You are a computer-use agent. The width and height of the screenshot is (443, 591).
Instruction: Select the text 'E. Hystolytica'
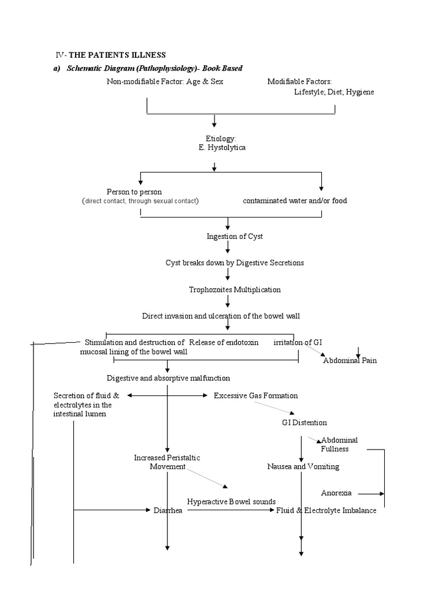pos(214,148)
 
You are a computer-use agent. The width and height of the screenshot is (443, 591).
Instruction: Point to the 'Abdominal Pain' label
pos(350,361)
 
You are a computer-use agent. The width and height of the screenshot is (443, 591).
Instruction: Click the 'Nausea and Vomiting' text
pos(303,466)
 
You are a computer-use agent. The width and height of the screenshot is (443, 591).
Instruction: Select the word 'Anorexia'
pos(336,493)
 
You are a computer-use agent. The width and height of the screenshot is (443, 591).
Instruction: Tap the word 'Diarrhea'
pos(168,511)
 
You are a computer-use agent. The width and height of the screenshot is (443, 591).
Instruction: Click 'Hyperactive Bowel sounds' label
pos(231,502)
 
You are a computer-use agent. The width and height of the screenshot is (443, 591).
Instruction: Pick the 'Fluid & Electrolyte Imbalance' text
pos(326,511)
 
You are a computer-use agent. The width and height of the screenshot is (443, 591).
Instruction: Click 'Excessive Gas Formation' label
pos(256,395)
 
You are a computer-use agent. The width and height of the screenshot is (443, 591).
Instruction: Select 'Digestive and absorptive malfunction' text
pos(168,378)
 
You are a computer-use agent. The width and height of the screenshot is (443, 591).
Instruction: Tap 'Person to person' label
pos(134,192)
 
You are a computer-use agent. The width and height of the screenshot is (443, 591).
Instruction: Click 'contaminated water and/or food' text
pos(295,201)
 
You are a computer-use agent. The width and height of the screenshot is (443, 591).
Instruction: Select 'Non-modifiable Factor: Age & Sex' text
pos(164,81)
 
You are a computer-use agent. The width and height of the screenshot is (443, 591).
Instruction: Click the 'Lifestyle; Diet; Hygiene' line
pos(334,92)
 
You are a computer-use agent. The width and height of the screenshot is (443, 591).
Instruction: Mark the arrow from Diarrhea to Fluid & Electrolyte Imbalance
pos(231,511)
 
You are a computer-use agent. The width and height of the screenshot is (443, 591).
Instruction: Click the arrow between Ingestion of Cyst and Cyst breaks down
pos(228,248)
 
